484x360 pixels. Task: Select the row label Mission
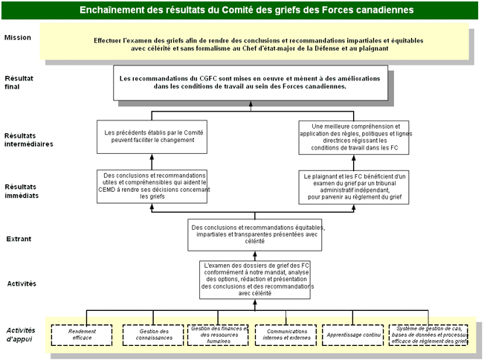[x=18, y=37]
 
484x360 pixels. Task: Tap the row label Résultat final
[x=19, y=82]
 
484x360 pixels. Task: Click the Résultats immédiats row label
[x=22, y=191]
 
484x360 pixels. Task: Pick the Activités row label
[x=21, y=283]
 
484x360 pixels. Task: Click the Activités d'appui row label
[x=21, y=334]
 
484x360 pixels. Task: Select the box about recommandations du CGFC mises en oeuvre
[x=251, y=83]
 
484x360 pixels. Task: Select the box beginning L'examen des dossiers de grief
[x=256, y=280]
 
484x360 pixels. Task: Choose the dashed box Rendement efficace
[x=83, y=335]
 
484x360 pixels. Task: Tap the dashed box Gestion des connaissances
[x=148, y=335]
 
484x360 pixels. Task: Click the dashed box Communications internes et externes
[x=285, y=335]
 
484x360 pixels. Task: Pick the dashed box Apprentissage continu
[x=353, y=335]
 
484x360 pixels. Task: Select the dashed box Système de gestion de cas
[x=429, y=335]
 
